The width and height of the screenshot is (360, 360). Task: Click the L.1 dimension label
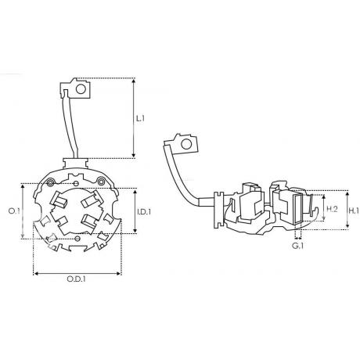(140, 118)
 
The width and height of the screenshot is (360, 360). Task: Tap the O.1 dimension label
(14, 211)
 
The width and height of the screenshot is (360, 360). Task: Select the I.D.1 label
(144, 211)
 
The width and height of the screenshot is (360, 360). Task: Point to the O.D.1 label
(77, 279)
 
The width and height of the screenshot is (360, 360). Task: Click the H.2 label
(333, 209)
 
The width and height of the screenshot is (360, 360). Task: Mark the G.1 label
(297, 246)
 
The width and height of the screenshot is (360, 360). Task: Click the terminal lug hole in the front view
(81, 89)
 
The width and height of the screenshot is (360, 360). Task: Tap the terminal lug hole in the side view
(186, 144)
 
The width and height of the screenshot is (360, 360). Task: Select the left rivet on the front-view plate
(50, 182)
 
